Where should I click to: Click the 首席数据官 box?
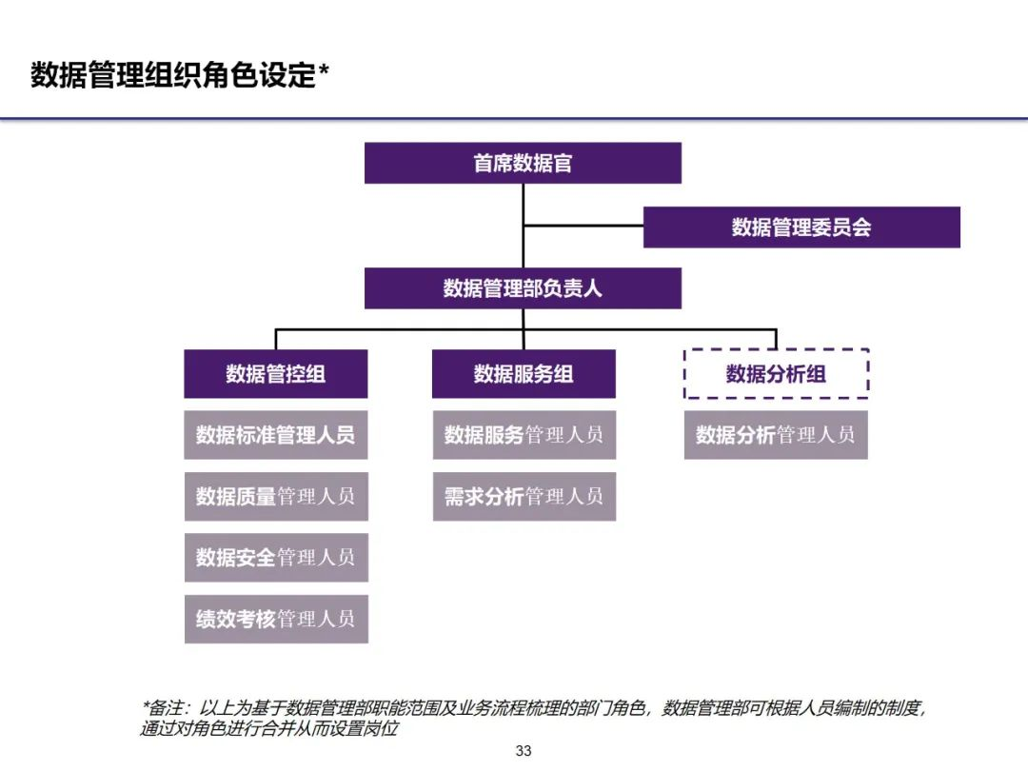click(x=523, y=163)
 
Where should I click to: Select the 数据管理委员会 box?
click(x=801, y=227)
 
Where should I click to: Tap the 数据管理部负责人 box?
click(x=523, y=287)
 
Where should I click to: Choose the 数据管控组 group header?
click(x=275, y=373)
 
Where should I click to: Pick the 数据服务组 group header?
click(x=524, y=373)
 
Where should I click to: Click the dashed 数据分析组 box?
click(x=776, y=373)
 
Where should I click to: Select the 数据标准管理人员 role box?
click(x=275, y=435)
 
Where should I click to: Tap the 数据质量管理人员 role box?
click(x=275, y=496)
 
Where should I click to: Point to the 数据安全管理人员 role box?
click(x=275, y=557)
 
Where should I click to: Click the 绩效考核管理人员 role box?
click(x=275, y=619)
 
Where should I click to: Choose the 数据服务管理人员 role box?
click(x=524, y=435)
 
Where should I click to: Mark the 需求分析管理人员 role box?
click(x=524, y=496)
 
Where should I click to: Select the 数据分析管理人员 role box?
click(x=776, y=435)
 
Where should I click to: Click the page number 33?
click(x=524, y=751)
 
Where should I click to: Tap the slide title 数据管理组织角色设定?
click(x=171, y=75)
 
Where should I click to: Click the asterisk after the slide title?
click(x=324, y=70)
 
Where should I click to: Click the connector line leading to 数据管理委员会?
click(x=583, y=227)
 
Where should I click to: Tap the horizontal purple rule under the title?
click(x=514, y=119)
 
